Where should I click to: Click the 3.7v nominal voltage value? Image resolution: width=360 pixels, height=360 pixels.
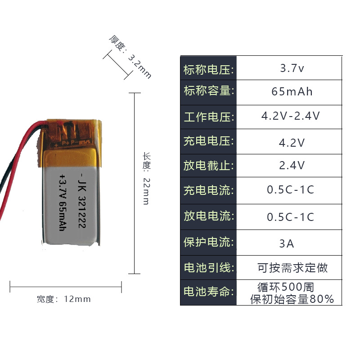click(292, 69)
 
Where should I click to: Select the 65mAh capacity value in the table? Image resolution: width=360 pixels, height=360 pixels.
click(292, 92)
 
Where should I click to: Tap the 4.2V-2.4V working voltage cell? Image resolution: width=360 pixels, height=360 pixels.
click(291, 116)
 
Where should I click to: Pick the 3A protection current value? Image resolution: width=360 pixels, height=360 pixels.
click(287, 243)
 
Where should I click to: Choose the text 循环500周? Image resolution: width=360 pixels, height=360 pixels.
click(286, 287)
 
